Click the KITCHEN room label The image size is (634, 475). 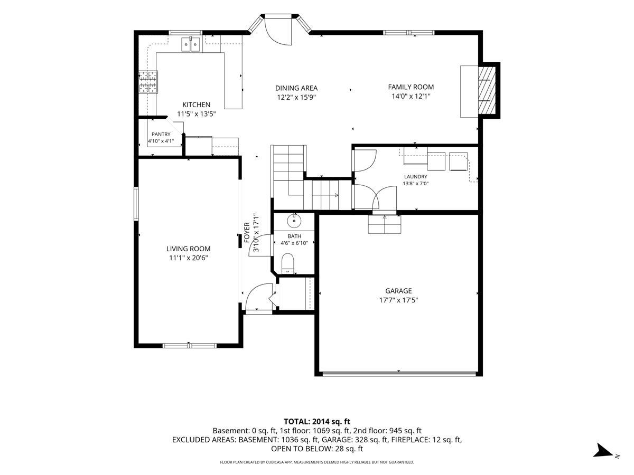(x=196, y=104)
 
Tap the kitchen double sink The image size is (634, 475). (x=191, y=44)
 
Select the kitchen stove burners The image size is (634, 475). (x=148, y=82)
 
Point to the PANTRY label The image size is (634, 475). (x=161, y=134)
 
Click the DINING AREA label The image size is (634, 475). (x=296, y=88)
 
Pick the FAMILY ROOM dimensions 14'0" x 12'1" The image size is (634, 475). (x=411, y=96)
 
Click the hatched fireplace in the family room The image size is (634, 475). (x=487, y=90)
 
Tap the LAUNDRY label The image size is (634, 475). (x=415, y=176)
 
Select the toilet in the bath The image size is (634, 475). (x=287, y=263)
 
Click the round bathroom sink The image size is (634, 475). (x=294, y=221)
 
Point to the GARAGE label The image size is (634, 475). (x=398, y=291)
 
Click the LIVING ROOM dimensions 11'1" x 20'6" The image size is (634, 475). (x=188, y=258)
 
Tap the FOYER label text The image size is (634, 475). (x=247, y=232)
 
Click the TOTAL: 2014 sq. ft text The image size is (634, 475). (x=317, y=421)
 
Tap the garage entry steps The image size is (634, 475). (x=385, y=224)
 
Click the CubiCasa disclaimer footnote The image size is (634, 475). (x=317, y=462)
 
